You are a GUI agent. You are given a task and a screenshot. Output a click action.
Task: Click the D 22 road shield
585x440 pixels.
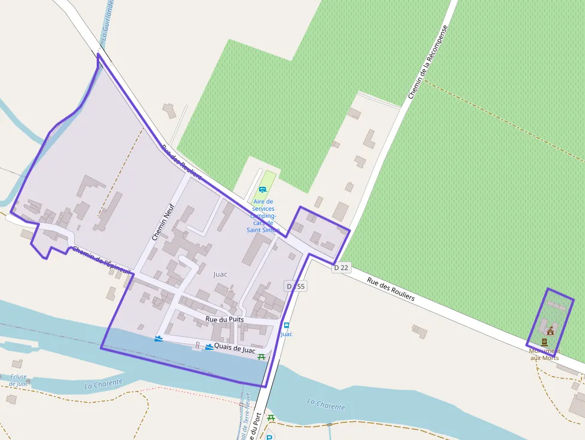(341, 268)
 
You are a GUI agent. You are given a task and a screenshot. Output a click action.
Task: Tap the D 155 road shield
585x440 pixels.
(295, 287)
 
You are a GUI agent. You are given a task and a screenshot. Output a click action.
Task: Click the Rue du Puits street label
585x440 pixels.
(224, 320)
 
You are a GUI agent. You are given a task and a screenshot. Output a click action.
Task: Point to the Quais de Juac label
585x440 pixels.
(235, 348)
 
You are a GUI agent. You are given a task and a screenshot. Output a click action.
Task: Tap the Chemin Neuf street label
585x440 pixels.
(162, 220)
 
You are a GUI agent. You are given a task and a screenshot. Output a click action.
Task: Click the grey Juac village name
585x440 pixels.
(220, 274)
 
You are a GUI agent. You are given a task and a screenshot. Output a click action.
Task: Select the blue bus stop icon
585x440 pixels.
(287, 325)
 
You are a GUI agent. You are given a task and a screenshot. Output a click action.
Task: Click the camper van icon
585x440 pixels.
(262, 190)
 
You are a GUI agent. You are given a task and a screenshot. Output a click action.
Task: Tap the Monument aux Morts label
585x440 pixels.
(544, 354)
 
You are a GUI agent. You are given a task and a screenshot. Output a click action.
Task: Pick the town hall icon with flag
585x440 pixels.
(550, 331)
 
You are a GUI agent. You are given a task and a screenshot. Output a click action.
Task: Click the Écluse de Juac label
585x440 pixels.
(19, 380)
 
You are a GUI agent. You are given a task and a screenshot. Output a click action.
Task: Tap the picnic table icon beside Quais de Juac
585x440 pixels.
(261, 357)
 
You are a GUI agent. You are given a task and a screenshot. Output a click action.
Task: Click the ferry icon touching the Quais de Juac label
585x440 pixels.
(210, 347)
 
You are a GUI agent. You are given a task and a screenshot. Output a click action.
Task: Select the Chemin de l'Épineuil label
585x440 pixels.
(101, 261)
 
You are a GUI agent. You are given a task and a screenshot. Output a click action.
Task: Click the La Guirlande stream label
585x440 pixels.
(107, 21)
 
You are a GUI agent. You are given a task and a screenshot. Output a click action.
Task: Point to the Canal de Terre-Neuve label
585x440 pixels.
(245, 418)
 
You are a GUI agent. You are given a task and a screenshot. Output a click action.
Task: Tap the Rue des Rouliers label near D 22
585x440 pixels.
(390, 290)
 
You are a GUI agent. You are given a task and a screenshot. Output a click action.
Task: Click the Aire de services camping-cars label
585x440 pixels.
(263, 216)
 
